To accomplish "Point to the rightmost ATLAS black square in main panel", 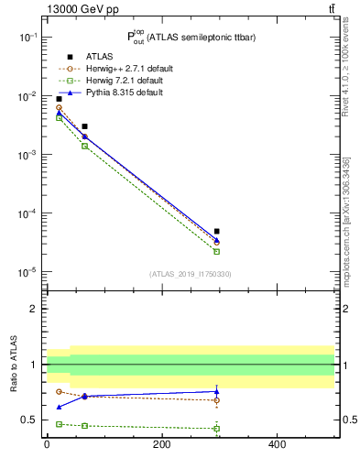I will [x=217, y=232].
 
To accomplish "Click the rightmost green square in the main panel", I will [x=217, y=251].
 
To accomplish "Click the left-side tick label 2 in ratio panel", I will [x=34, y=309].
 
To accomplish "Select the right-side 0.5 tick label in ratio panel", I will [x=348, y=420].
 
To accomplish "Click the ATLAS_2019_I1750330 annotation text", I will [x=191, y=274].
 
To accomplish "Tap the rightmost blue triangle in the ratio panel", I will [x=217, y=391].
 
